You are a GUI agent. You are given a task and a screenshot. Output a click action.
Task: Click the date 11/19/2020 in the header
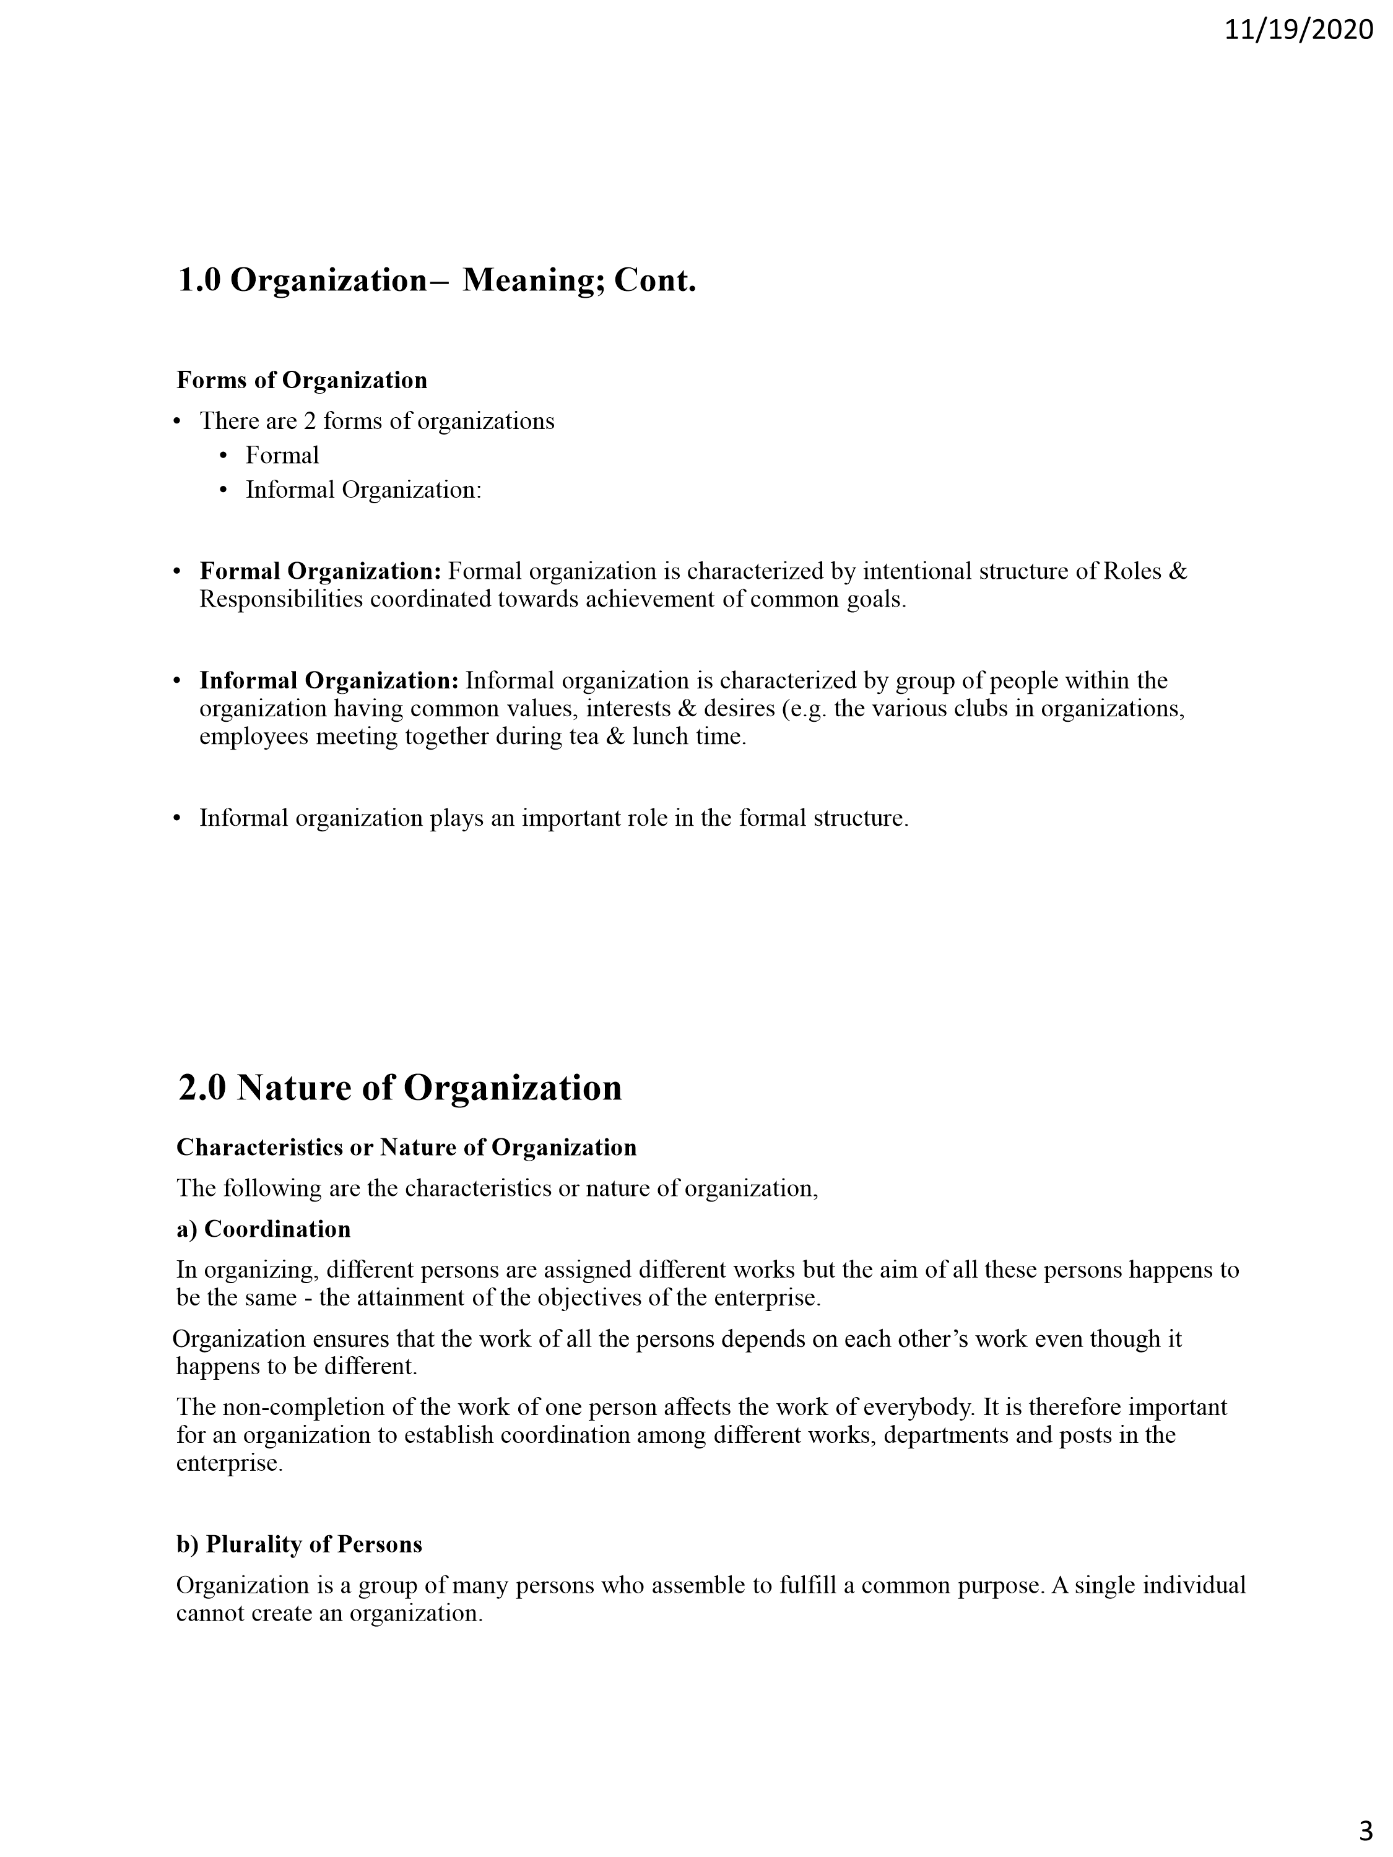(1298, 30)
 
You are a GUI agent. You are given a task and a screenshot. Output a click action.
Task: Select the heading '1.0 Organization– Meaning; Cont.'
(436, 280)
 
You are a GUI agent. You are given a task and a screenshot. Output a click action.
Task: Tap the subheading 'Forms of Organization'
(302, 380)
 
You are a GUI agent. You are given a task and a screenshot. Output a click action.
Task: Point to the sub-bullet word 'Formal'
(282, 456)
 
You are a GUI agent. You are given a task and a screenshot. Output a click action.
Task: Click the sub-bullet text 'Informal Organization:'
(363, 490)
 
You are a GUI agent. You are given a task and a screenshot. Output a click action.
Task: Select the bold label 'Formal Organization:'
(320, 572)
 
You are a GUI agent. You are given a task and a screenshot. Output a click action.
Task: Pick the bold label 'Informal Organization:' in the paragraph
(329, 680)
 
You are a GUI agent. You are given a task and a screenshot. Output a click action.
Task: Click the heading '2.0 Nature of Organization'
(400, 1088)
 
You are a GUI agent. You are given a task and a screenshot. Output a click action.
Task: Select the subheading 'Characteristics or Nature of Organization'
(406, 1148)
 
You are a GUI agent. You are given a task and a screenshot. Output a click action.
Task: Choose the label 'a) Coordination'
(264, 1229)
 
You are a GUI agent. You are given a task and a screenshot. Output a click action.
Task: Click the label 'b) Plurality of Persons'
(299, 1544)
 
